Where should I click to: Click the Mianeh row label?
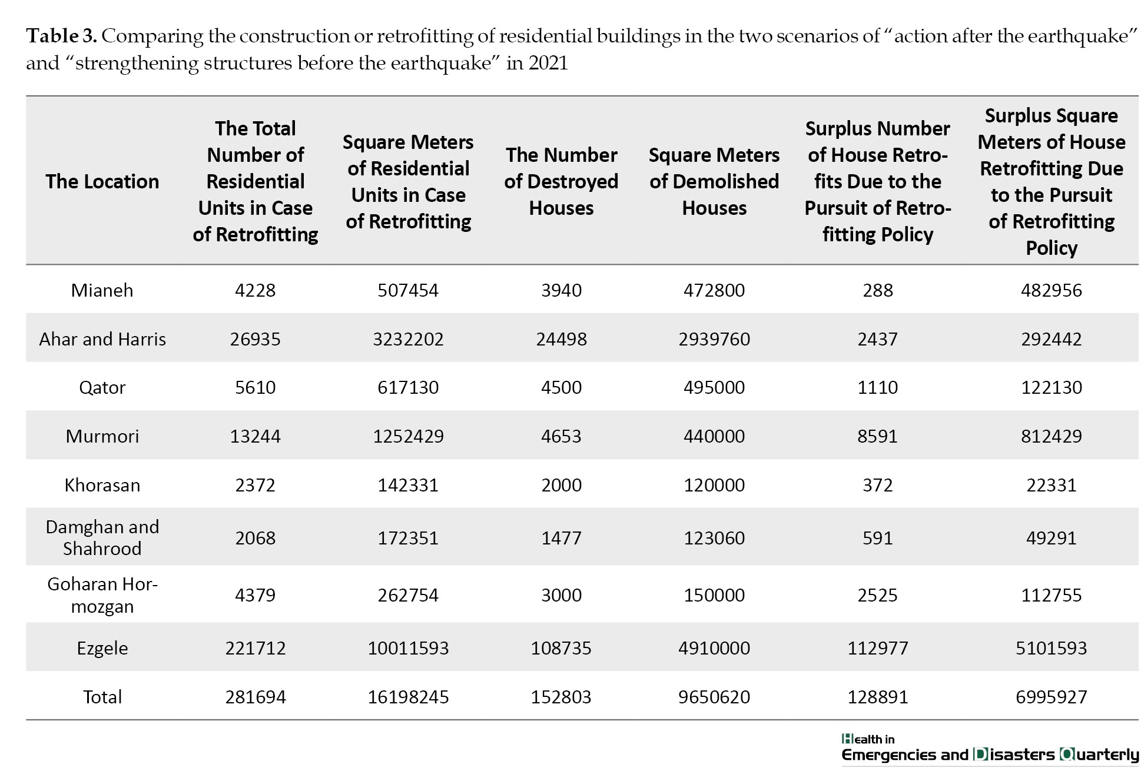pyautogui.click(x=102, y=290)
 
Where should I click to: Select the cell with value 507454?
pyautogui.click(x=408, y=290)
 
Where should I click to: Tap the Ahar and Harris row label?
pyautogui.click(x=102, y=339)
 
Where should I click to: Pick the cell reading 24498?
pyautogui.click(x=561, y=339)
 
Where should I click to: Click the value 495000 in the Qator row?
pyautogui.click(x=714, y=387)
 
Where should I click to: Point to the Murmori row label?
pyautogui.click(x=102, y=436)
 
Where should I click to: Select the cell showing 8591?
pyautogui.click(x=877, y=436)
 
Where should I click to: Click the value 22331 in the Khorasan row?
pyautogui.click(x=1052, y=485)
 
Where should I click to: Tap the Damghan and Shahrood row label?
pyautogui.click(x=102, y=537)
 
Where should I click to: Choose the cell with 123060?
pyautogui.click(x=714, y=538)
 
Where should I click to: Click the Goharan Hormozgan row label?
pyautogui.click(x=102, y=595)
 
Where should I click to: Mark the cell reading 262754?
pyautogui.click(x=408, y=595)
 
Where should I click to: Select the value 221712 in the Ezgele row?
pyautogui.click(x=256, y=648)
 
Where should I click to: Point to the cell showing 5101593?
pyautogui.click(x=1052, y=648)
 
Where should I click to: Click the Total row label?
pyautogui.click(x=102, y=697)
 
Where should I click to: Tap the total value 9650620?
pyautogui.click(x=714, y=697)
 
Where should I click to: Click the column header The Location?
pyautogui.click(x=102, y=181)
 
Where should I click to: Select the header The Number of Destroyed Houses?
pyautogui.click(x=561, y=181)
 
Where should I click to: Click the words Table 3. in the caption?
pyautogui.click(x=62, y=36)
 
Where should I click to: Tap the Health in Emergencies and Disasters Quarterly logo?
pyautogui.click(x=990, y=749)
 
